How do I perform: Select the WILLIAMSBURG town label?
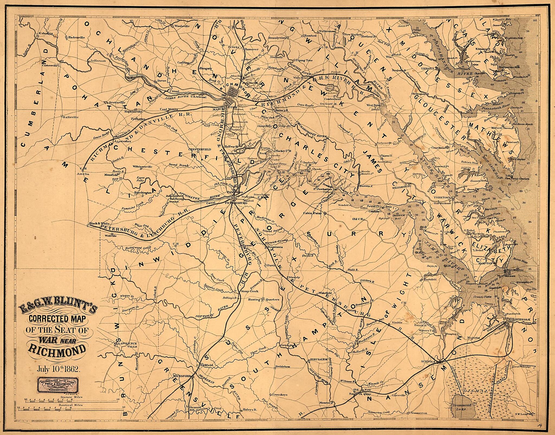401,186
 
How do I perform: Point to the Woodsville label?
182,26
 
